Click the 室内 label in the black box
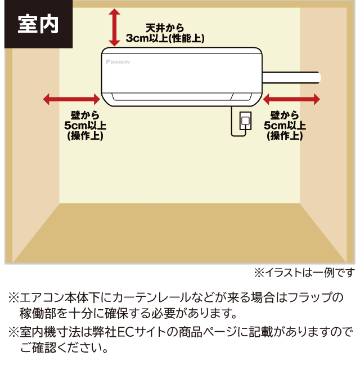click(x=38, y=24)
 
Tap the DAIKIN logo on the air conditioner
click(x=118, y=62)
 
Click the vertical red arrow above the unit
click(x=114, y=28)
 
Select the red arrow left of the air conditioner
click(x=71, y=99)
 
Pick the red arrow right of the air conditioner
click(x=291, y=99)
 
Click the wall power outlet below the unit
click(x=245, y=121)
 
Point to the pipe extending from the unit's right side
click(x=291, y=78)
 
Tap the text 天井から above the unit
click(x=165, y=28)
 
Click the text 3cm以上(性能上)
click(x=165, y=38)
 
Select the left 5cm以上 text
click(x=85, y=126)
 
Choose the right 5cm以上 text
click(x=285, y=126)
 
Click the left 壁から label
click(x=85, y=115)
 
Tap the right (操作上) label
click(x=285, y=136)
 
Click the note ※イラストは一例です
click(x=304, y=273)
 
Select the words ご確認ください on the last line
click(x=59, y=348)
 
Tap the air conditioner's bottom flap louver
click(x=182, y=96)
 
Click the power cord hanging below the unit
click(x=238, y=122)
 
